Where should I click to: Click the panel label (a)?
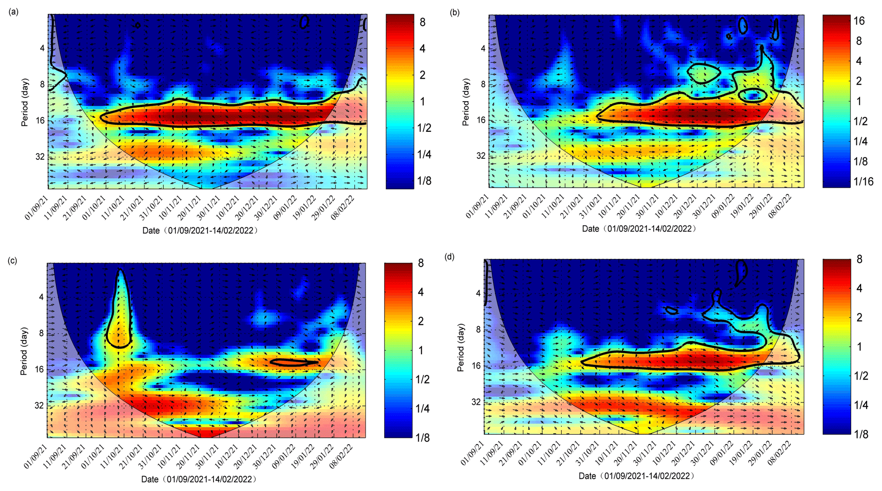click(x=13, y=12)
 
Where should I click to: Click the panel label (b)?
click(x=454, y=13)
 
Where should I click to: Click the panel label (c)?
click(x=13, y=260)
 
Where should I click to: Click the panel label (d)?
click(x=449, y=257)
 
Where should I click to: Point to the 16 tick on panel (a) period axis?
click(x=39, y=121)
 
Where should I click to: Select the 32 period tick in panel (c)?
click(x=39, y=405)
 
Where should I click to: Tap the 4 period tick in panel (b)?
click(x=483, y=48)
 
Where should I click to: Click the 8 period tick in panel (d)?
click(x=478, y=329)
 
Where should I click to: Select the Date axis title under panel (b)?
click(x=639, y=229)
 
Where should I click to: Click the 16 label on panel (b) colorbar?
click(x=859, y=21)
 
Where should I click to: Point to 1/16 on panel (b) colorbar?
click(x=863, y=182)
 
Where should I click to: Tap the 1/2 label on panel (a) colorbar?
click(x=424, y=128)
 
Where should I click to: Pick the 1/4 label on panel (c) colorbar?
click(x=422, y=409)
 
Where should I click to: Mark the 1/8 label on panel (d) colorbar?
click(x=861, y=434)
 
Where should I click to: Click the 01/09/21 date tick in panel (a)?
click(x=36, y=207)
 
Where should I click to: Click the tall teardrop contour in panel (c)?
click(x=120, y=307)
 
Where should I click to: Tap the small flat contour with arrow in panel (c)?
click(x=294, y=362)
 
